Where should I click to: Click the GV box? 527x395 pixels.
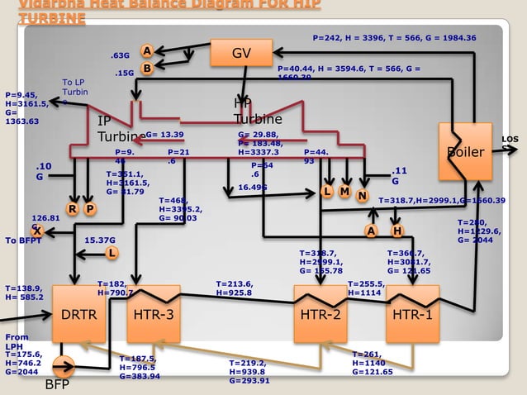click(x=240, y=53)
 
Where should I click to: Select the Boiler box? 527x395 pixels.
click(x=464, y=151)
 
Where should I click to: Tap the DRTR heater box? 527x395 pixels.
click(x=80, y=314)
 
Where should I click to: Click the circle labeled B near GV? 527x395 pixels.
click(x=146, y=69)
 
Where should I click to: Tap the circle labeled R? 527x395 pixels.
click(x=74, y=209)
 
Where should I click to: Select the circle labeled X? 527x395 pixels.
click(x=38, y=232)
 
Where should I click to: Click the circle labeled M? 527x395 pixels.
click(x=345, y=192)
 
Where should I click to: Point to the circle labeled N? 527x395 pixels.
click(x=362, y=195)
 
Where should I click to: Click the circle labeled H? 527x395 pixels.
click(x=397, y=231)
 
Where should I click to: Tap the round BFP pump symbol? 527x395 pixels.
click(x=64, y=366)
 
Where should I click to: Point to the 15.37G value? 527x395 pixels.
click(x=100, y=240)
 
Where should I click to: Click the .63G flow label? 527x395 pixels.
click(x=121, y=55)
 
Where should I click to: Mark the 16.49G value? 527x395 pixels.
click(x=253, y=188)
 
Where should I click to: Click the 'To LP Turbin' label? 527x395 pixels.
click(x=75, y=87)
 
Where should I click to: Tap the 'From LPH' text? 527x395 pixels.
click(x=17, y=342)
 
